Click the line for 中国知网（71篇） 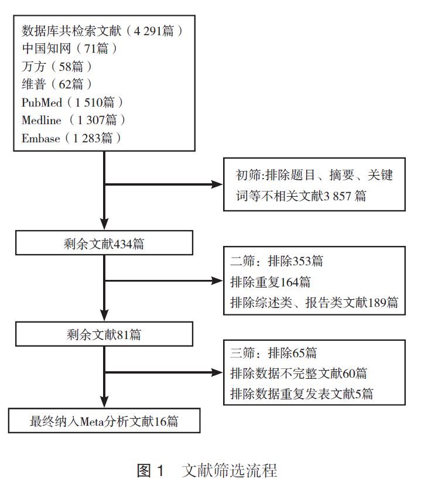(x=70, y=49)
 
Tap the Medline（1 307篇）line (x=74, y=120)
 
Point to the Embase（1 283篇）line (x=71, y=138)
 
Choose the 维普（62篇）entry (x=57, y=84)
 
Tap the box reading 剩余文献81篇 (x=104, y=335)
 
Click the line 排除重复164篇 (x=271, y=282)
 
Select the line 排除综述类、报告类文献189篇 (x=314, y=302)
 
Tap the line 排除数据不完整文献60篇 (x=299, y=373)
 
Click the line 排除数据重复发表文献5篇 (x=302, y=393)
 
